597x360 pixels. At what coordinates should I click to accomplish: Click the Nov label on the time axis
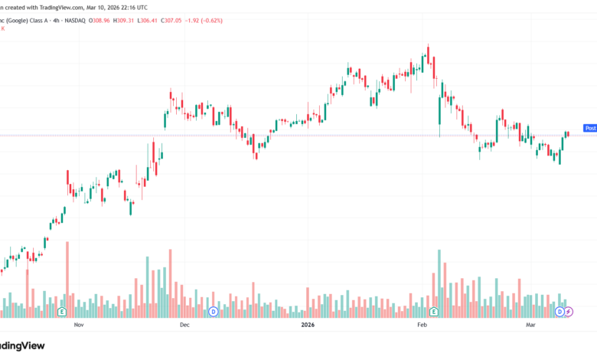[x=78, y=325]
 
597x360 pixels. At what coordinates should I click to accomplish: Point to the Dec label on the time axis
[x=184, y=325]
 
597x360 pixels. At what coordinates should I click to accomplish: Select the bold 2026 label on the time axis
[x=308, y=325]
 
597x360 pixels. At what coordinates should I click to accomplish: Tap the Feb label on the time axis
[x=421, y=325]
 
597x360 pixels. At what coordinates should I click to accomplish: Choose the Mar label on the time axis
[x=531, y=325]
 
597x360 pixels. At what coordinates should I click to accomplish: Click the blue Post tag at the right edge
[x=590, y=128]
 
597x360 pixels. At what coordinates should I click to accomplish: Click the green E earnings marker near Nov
[x=61, y=312]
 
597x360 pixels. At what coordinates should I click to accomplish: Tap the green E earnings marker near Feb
[x=434, y=312]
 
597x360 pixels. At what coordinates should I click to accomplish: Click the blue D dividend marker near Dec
[x=214, y=312]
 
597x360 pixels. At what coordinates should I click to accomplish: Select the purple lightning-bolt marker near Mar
[x=569, y=312]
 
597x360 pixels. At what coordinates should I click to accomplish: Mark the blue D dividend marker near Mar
[x=559, y=312]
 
